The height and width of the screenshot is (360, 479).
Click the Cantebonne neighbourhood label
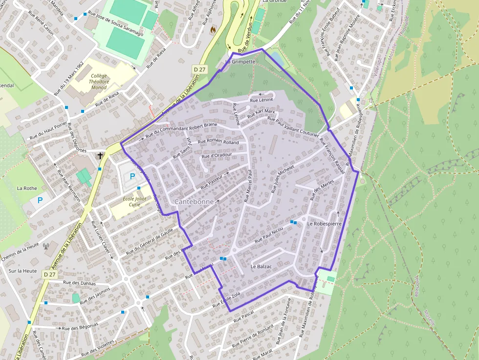193,201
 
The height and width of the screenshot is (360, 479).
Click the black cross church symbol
100,156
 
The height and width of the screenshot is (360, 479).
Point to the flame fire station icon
213,30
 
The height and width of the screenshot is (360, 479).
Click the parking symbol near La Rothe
40,200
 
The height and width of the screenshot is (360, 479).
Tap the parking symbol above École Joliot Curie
132,176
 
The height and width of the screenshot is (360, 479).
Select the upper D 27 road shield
199,69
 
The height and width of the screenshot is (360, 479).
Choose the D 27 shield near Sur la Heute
49,275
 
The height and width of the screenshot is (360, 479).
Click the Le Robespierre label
324,223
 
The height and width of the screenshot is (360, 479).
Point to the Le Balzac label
261,267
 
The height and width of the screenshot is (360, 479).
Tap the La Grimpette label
240,62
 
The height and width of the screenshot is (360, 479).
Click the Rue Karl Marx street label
261,114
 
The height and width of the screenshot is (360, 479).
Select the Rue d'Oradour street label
217,156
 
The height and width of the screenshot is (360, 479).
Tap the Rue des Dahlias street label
79,283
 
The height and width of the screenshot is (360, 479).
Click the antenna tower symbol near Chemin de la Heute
46,247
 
